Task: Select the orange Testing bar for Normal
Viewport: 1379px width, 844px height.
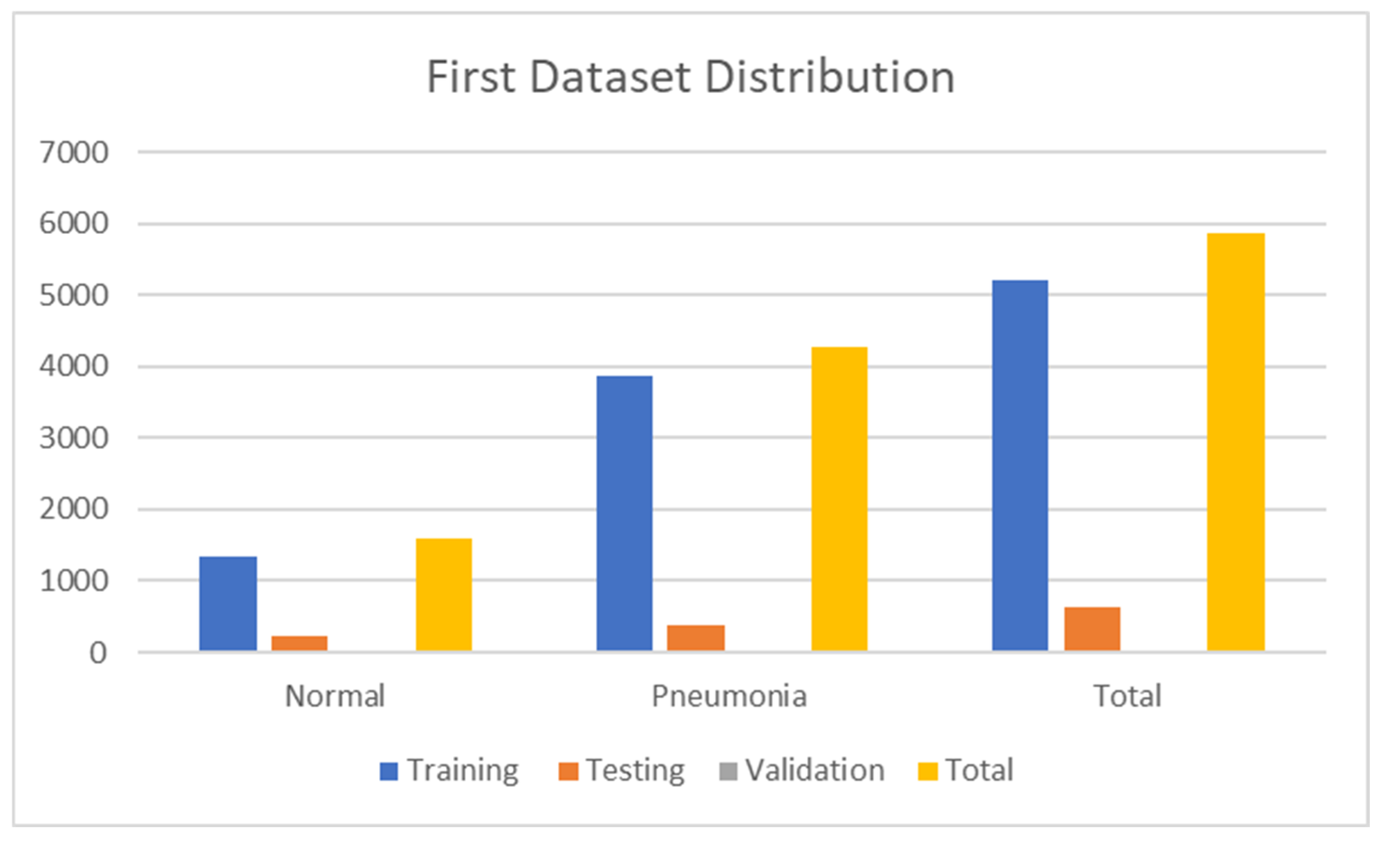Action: click(x=299, y=643)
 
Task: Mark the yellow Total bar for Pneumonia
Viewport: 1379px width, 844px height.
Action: click(x=840, y=499)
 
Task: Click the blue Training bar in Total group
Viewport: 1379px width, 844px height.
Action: click(x=1020, y=465)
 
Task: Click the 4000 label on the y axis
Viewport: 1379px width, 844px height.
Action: click(x=74, y=366)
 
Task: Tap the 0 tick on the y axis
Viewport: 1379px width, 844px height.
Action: click(x=98, y=653)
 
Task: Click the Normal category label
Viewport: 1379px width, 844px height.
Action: click(x=334, y=696)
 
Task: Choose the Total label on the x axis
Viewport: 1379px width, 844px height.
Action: click(x=1127, y=696)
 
